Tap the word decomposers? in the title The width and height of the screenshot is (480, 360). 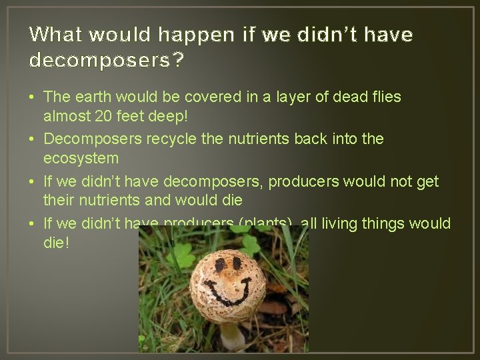click(107, 61)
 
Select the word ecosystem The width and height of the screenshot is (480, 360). click(81, 159)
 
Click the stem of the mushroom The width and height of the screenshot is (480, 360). click(231, 336)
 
